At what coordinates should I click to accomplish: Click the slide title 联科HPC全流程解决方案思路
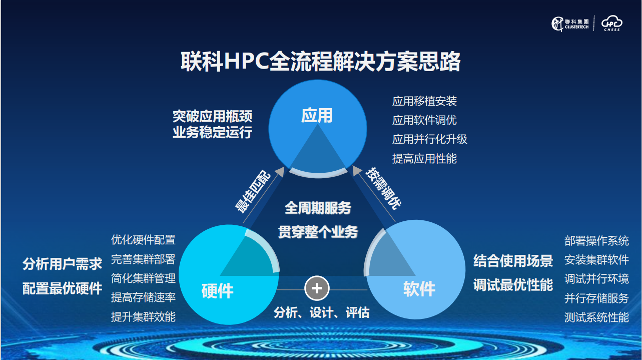pyautogui.click(x=320, y=62)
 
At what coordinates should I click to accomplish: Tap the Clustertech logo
pyautogui.click(x=570, y=24)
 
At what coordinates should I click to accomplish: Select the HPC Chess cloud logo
pyautogui.click(x=611, y=23)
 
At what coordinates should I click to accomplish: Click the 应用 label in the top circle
pyautogui.click(x=317, y=116)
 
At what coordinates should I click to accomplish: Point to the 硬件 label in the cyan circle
pyautogui.click(x=217, y=291)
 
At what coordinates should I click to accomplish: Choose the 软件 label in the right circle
pyautogui.click(x=419, y=288)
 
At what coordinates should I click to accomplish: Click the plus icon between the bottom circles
pyautogui.click(x=317, y=288)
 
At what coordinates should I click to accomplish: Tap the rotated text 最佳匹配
pyautogui.click(x=253, y=192)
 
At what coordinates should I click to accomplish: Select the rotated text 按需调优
pyautogui.click(x=383, y=188)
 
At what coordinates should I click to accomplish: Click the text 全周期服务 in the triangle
pyautogui.click(x=318, y=208)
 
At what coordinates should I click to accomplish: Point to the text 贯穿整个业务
pyautogui.click(x=318, y=232)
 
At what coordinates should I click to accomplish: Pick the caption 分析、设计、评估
pyautogui.click(x=321, y=312)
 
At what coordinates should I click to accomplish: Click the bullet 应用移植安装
pyautogui.click(x=424, y=101)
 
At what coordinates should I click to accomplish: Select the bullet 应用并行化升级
pyautogui.click(x=430, y=139)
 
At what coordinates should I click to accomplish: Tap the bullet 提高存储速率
pyautogui.click(x=143, y=297)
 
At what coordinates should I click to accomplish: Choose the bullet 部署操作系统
pyautogui.click(x=597, y=241)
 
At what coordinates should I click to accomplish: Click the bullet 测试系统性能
pyautogui.click(x=597, y=317)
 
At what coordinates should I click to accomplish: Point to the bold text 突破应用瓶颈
pyautogui.click(x=212, y=116)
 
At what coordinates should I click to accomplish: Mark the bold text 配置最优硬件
pyautogui.click(x=62, y=288)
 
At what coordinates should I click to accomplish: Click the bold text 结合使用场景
pyautogui.click(x=513, y=261)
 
